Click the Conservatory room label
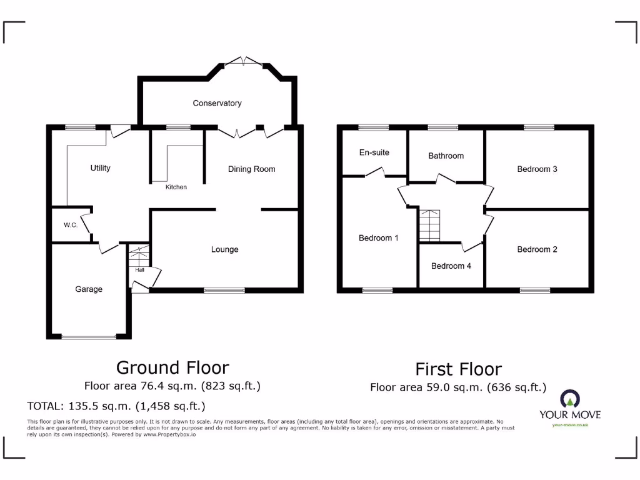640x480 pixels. [x=217, y=103]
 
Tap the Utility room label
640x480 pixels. [x=100, y=168]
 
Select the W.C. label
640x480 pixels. [x=70, y=225]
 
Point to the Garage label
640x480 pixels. [x=89, y=289]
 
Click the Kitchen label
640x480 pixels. [x=176, y=187]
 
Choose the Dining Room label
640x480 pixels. [x=251, y=169]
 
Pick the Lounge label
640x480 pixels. [x=224, y=249]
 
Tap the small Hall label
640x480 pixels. [x=139, y=270]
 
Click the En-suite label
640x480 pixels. [x=374, y=152]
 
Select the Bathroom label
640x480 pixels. [x=446, y=156]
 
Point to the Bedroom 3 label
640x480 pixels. [x=537, y=169]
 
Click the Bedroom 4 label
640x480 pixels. [x=451, y=266]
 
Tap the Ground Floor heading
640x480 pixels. [x=172, y=367]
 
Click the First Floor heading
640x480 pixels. [x=458, y=369]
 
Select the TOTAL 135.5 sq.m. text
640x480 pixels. [x=116, y=406]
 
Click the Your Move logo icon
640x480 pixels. [x=571, y=399]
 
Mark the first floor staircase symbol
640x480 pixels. [x=430, y=225]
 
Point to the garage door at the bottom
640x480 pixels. [x=89, y=337]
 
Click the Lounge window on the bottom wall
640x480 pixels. [x=224, y=290]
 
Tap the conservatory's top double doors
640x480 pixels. [x=244, y=61]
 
